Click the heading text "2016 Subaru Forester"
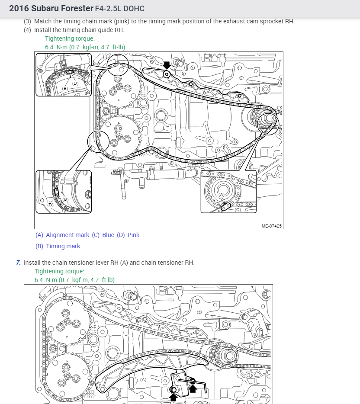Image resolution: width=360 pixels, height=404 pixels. pos(51,8)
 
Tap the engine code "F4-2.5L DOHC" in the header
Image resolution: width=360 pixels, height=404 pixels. pos(119,9)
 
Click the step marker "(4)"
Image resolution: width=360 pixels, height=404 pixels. pos(27,30)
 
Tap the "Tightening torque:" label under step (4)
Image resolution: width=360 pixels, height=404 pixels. pos(70,38)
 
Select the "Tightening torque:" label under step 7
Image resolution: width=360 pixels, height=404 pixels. pos(60,271)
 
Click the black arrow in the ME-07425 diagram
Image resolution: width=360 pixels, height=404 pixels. pos(167,65)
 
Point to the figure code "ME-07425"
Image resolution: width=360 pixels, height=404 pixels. pos(272,226)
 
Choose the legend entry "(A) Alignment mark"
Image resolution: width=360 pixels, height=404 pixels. pos(62,235)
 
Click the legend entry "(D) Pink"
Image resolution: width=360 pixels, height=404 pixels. pos(128,235)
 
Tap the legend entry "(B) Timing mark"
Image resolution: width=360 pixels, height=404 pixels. pos(58,246)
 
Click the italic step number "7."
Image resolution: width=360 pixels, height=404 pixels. pos(18,263)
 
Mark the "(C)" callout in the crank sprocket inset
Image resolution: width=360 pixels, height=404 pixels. pos(238,210)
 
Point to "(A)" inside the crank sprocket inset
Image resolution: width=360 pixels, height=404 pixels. pos(222,195)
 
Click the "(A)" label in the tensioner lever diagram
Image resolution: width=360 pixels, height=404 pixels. pos(143,379)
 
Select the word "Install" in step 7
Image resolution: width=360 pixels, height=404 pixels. pos(32,263)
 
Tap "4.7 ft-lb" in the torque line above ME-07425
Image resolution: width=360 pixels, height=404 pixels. pos(113,47)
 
